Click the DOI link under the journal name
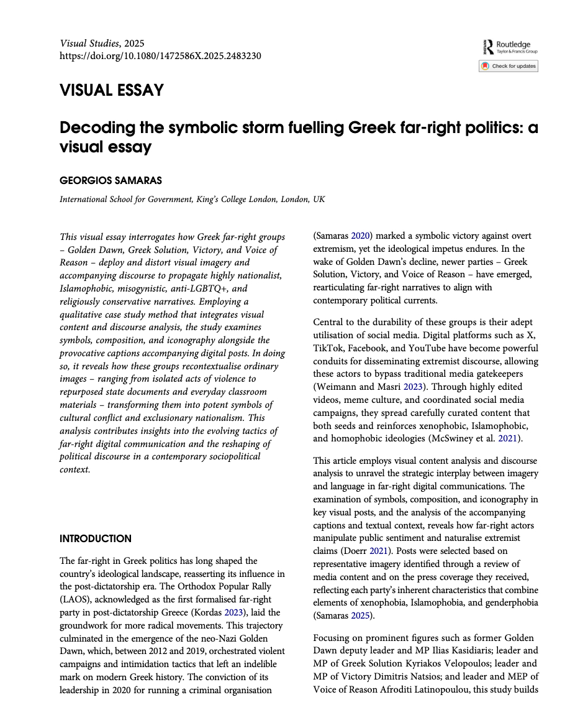point(160,56)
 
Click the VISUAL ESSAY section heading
point(112,90)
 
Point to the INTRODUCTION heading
point(96,538)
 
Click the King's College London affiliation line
point(192,200)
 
